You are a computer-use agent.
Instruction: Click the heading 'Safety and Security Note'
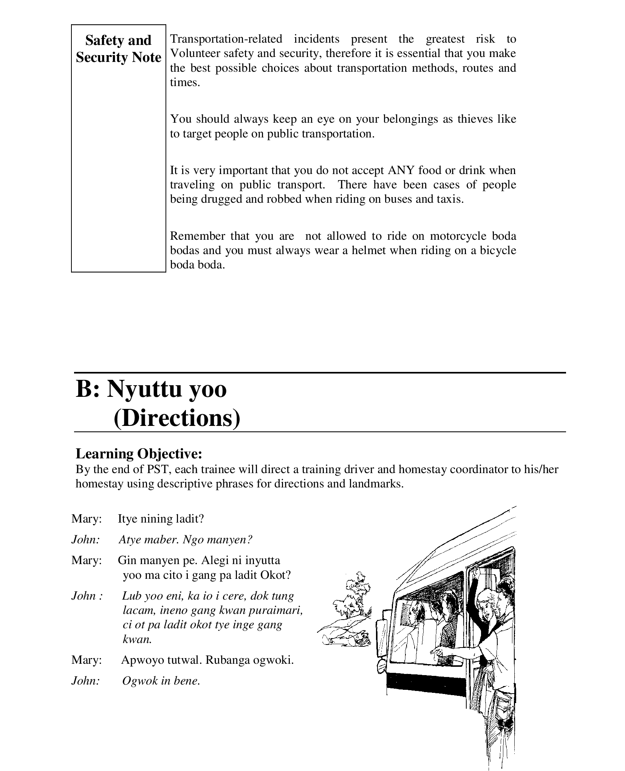coord(118,49)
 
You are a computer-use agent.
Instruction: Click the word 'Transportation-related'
coord(226,39)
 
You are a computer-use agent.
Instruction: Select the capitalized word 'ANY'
coord(401,170)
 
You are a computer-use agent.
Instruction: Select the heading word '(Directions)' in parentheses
coord(177,418)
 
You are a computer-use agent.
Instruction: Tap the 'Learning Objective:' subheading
coord(139,453)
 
